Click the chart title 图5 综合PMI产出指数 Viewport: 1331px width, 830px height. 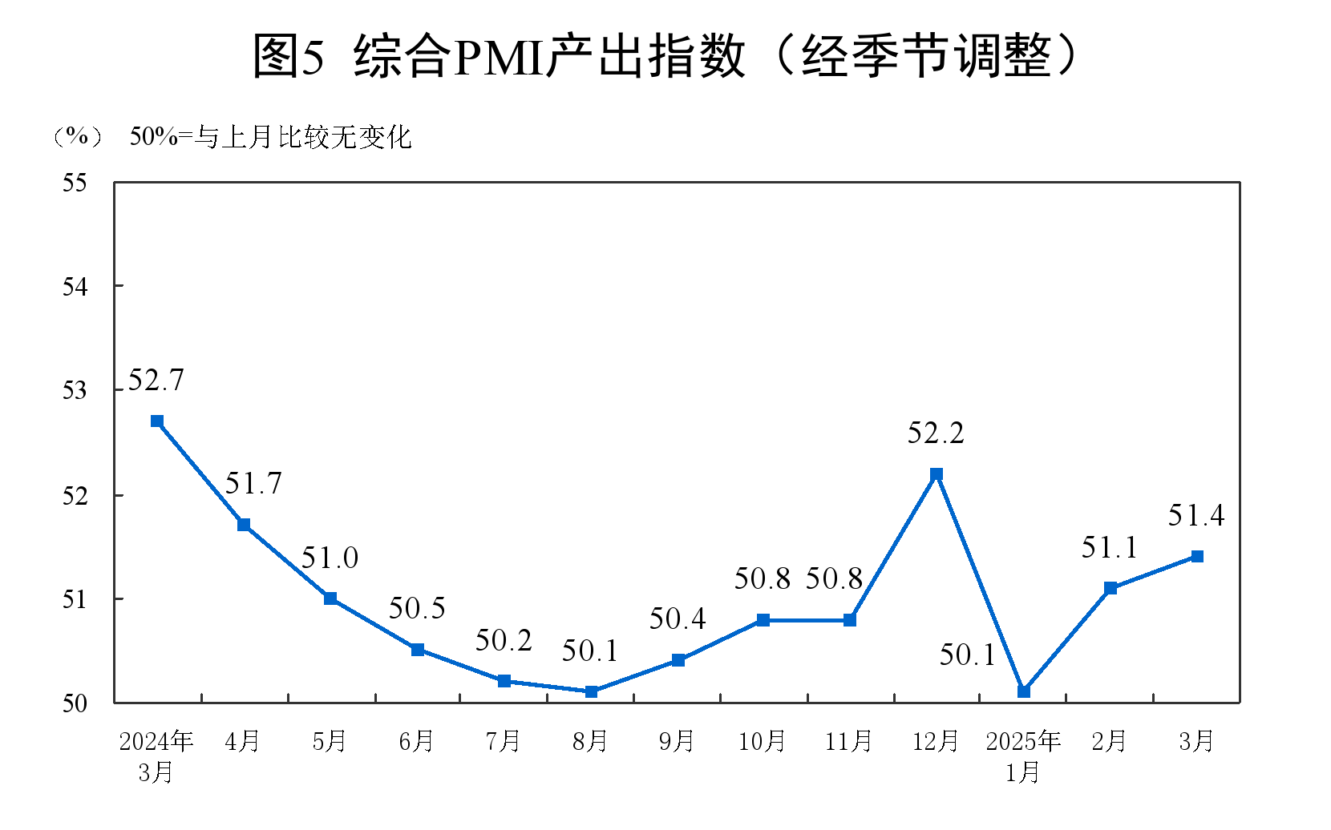point(665,56)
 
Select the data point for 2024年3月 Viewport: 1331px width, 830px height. point(157,421)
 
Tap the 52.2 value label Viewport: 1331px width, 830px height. point(936,433)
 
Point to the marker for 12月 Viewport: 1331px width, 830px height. point(937,474)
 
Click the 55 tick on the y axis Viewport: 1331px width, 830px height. point(75,183)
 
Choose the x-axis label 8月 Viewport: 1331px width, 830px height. point(590,741)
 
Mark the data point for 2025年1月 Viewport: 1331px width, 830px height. point(1024,691)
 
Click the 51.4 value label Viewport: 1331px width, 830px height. point(1196,516)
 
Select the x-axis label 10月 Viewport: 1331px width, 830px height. point(763,741)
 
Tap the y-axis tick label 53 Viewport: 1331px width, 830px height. point(75,391)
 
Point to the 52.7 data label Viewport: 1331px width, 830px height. point(156,380)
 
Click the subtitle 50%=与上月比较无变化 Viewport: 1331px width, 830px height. point(271,137)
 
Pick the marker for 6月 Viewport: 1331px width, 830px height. point(418,650)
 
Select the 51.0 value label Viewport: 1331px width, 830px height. point(330,558)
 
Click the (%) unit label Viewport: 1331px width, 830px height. point(77,137)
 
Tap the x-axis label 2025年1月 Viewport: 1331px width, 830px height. point(1023,755)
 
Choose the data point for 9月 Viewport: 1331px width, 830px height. point(678,660)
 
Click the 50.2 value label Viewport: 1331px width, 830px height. point(504,640)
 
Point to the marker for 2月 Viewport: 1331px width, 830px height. point(1111,588)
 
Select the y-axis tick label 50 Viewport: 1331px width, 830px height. point(75,703)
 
